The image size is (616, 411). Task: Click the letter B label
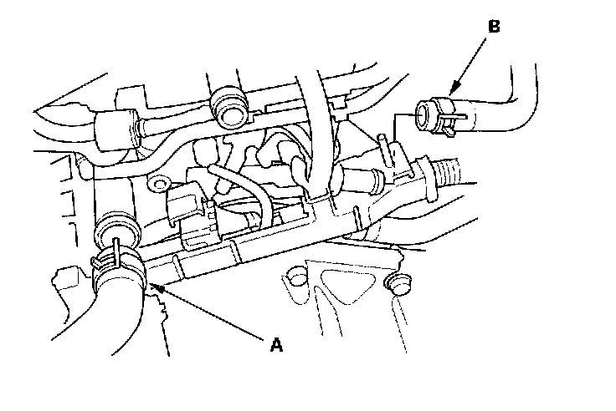coord(494,27)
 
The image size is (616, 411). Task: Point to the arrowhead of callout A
coord(153,286)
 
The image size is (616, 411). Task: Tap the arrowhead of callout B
coord(451,94)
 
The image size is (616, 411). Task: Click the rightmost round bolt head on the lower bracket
coord(398,285)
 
